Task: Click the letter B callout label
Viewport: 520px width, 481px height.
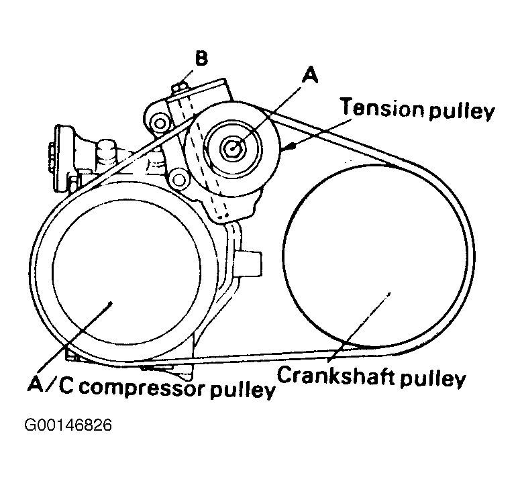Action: click(201, 58)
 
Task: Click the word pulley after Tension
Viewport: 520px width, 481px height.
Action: click(461, 111)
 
